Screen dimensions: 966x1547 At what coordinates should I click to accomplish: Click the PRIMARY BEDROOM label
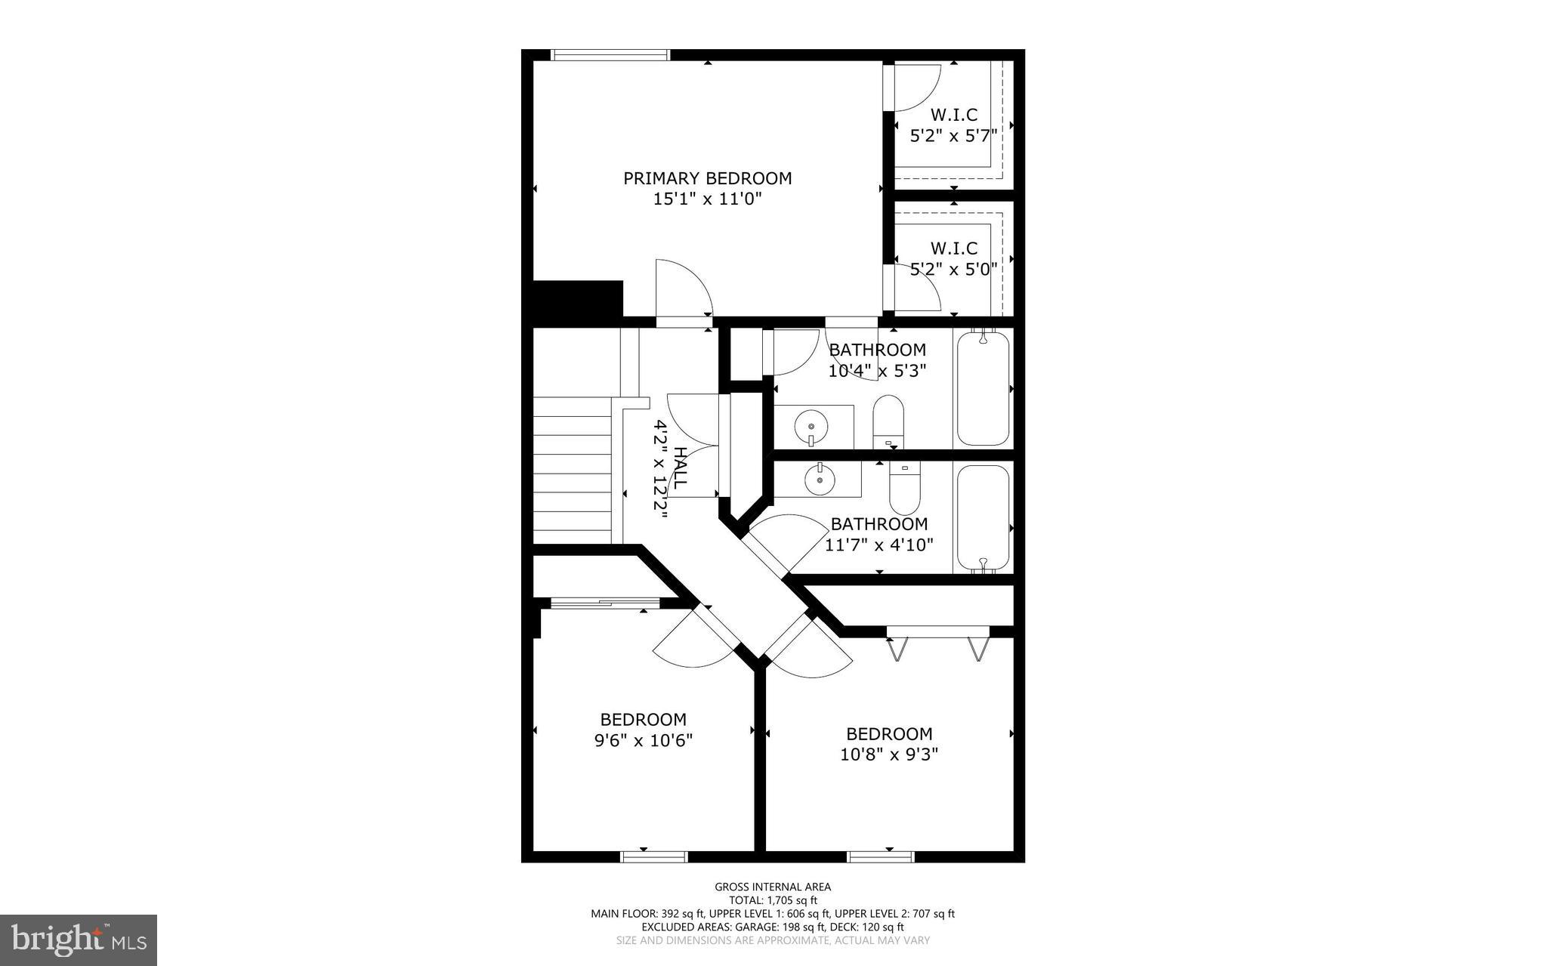tap(707, 178)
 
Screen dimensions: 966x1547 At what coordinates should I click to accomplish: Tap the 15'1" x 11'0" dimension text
tap(707, 199)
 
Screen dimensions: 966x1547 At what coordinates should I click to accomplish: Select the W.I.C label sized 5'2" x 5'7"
tap(953, 115)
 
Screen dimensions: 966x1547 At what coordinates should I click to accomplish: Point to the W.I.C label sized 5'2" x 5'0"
tap(953, 248)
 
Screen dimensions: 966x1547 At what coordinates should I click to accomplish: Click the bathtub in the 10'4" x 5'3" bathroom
tap(983, 389)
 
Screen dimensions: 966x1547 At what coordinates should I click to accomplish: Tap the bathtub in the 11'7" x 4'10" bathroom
tap(983, 517)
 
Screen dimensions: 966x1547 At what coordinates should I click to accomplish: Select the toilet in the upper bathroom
tap(888, 421)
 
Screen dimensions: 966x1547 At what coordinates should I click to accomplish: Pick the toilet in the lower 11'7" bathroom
tap(904, 487)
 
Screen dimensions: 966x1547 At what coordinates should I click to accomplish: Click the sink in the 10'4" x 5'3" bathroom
tap(810, 427)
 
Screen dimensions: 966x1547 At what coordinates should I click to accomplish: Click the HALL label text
tap(680, 468)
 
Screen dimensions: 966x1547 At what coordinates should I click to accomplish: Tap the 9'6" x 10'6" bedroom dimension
tap(643, 740)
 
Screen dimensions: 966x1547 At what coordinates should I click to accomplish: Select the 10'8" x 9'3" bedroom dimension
tap(888, 754)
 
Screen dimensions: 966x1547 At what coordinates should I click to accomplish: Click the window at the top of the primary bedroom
tap(610, 54)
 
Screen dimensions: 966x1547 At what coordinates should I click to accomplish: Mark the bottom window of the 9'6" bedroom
tap(654, 856)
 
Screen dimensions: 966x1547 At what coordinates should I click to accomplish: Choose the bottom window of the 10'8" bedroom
tap(880, 856)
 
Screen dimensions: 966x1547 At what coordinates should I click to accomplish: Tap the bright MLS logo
tap(79, 940)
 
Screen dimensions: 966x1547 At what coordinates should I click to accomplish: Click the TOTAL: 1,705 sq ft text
tap(773, 900)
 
